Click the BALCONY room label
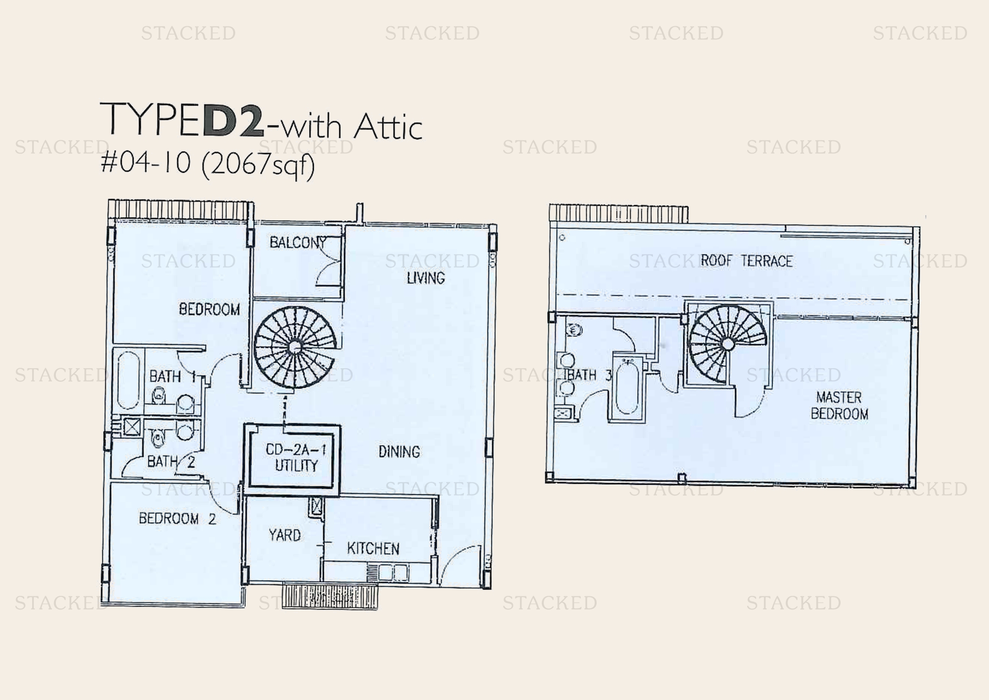coord(298,243)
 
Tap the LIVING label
coord(426,278)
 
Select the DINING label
coord(399,452)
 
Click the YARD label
coord(285,535)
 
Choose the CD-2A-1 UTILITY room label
coord(296,457)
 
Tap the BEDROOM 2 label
coord(178,518)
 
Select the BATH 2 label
coord(171,462)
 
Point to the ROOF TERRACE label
coord(746,261)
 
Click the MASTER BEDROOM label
coord(839,405)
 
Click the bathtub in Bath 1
coord(129,380)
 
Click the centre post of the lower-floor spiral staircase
coord(295,347)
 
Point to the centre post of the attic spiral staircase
coord(728,344)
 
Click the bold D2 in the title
coord(233,120)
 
